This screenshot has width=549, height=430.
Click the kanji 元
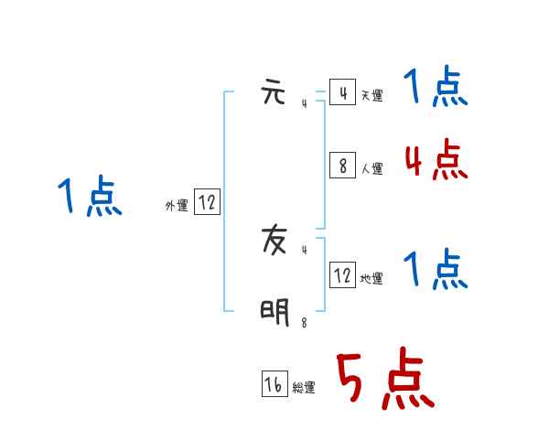click(274, 93)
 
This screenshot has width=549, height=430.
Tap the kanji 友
click(274, 242)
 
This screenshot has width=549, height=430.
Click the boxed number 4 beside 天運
click(342, 92)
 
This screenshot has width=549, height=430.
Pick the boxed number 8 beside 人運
click(342, 165)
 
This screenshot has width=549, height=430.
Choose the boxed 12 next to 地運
click(342, 274)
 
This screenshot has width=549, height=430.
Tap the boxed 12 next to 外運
click(207, 202)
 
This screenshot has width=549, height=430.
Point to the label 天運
click(371, 95)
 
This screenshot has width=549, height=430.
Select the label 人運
click(371, 168)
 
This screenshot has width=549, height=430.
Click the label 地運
click(371, 278)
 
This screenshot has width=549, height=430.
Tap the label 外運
click(177, 206)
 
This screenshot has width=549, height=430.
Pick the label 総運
click(304, 388)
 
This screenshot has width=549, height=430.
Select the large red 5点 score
click(384, 381)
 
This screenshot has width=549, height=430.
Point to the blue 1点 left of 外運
click(89, 197)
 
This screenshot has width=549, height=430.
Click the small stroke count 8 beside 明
click(305, 323)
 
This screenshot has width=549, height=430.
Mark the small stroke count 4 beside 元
click(305, 103)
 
